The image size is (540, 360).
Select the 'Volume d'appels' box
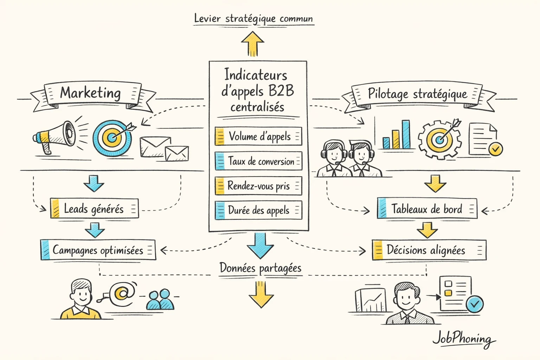tap(258, 136)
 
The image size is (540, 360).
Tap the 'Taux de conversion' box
tap(258, 161)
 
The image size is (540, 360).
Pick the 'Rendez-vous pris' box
tap(258, 186)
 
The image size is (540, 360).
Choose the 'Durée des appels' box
tap(258, 210)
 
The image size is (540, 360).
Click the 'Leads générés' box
tap(94, 209)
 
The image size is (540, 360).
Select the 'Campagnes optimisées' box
tap(98, 250)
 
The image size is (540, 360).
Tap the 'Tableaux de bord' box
tap(427, 208)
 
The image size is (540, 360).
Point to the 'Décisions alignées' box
tap(429, 250)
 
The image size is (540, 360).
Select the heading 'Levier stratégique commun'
tap(253, 19)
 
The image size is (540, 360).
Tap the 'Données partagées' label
tap(261, 268)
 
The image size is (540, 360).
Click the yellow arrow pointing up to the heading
tap(252, 44)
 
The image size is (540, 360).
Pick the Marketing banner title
tap(90, 93)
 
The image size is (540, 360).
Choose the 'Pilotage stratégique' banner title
tap(417, 94)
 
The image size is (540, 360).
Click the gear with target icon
tap(439, 139)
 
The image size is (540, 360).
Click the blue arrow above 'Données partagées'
tap(260, 245)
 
